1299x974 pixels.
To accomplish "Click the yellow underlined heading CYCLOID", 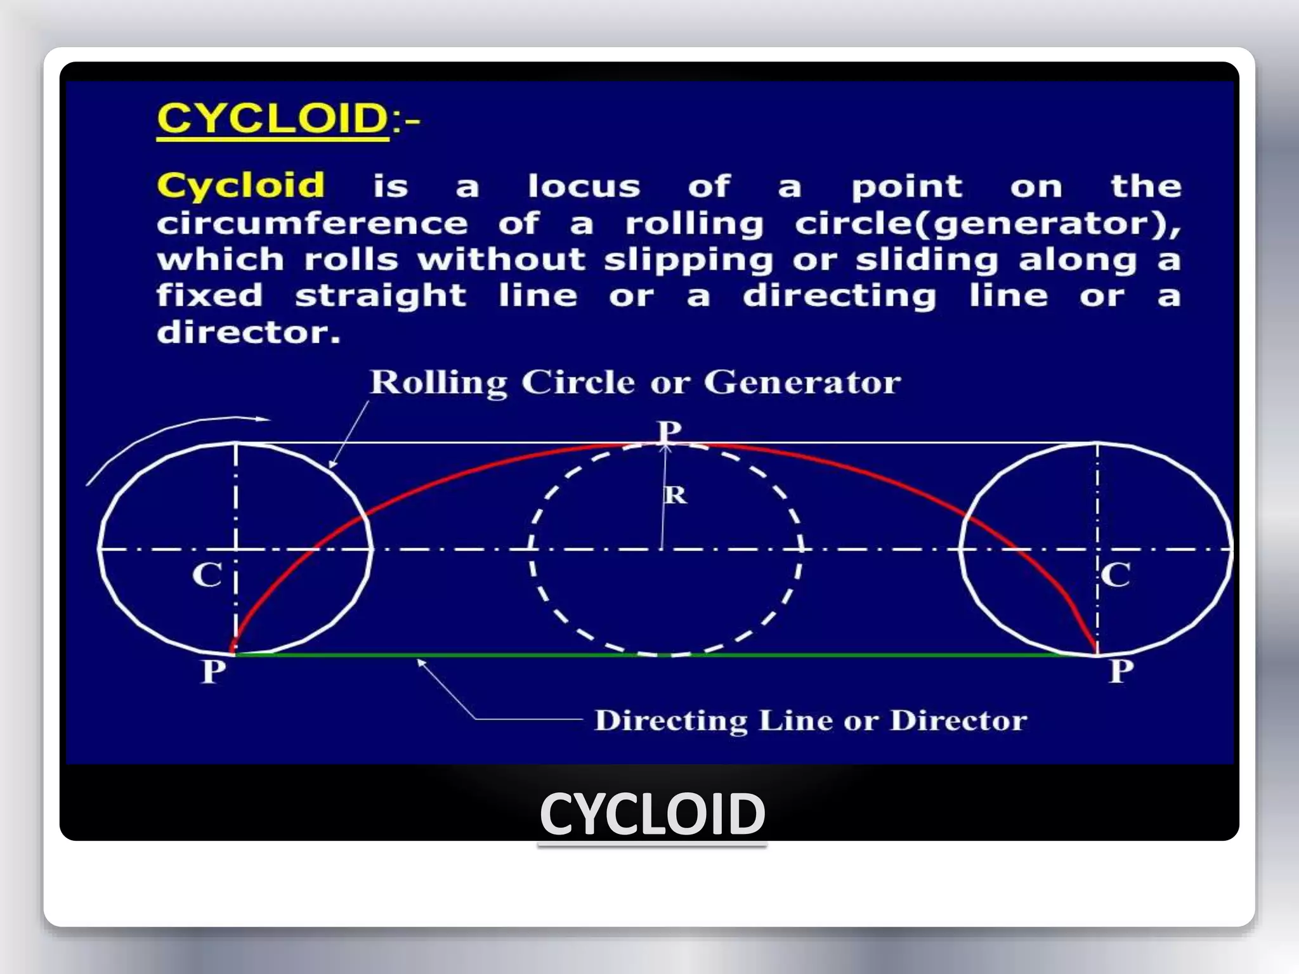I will pyautogui.click(x=273, y=119).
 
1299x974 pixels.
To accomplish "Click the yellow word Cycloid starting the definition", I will pyautogui.click(x=241, y=186).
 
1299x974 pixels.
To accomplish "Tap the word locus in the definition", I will pyautogui.click(x=584, y=186).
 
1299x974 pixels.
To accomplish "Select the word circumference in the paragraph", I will pyautogui.click(x=312, y=223).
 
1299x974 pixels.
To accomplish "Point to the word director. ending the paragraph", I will pyautogui.click(x=249, y=332).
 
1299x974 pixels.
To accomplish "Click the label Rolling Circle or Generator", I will pyautogui.click(x=635, y=382).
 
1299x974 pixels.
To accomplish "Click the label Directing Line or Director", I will pyautogui.click(x=810, y=720).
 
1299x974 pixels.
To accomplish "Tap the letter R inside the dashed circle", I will pyautogui.click(x=676, y=495).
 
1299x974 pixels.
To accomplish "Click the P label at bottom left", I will pyautogui.click(x=214, y=672).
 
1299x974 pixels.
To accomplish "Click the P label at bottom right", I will pyautogui.click(x=1121, y=671).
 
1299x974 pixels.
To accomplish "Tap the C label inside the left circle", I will pyautogui.click(x=207, y=576).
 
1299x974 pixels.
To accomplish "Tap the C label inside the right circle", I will pyautogui.click(x=1115, y=576).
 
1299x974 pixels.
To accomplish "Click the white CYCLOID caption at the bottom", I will pyautogui.click(x=652, y=814).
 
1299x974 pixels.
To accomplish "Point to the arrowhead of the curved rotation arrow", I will pyautogui.click(x=264, y=419).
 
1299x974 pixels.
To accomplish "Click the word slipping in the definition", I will pyautogui.click(x=688, y=261).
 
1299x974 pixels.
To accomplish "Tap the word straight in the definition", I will pyautogui.click(x=381, y=297).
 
